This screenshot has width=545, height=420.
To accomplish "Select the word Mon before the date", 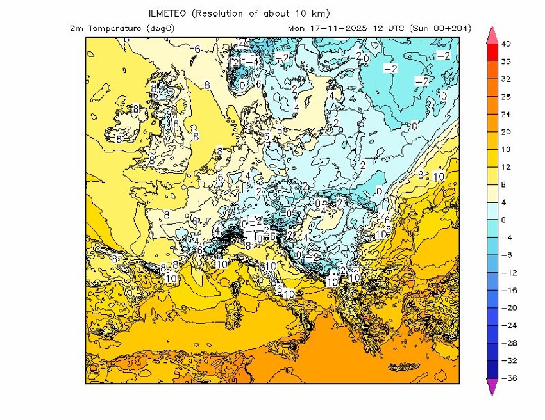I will click(x=296, y=28).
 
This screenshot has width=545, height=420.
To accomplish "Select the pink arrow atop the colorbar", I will click(x=492, y=35).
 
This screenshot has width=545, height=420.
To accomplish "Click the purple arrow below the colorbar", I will click(x=492, y=387).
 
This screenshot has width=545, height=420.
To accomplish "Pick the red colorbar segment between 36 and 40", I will click(x=492, y=53).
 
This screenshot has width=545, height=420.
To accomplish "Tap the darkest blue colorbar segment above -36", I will click(x=492, y=369).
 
